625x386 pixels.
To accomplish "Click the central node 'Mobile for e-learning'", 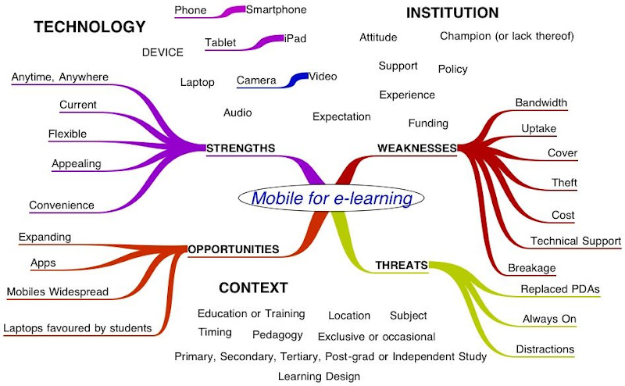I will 331,198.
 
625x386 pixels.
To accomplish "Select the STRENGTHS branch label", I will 241,148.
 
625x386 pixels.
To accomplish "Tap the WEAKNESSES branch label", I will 416,148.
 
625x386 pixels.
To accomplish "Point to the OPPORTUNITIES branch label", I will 234,249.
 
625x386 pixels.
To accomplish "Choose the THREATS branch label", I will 401,265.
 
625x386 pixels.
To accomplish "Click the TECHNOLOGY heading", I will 90,27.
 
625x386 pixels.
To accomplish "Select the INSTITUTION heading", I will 452,13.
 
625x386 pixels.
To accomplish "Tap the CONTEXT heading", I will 253,288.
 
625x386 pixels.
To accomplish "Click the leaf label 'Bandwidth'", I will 541,102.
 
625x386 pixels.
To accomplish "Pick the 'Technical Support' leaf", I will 576,241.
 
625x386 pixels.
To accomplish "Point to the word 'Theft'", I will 563,183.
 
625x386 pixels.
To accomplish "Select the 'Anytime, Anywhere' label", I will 60,77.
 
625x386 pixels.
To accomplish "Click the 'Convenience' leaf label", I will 62,206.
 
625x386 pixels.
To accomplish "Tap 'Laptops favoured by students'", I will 77,328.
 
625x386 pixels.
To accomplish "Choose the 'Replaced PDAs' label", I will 560,289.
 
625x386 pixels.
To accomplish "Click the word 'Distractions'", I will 545,349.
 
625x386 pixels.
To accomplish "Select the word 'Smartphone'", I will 276,10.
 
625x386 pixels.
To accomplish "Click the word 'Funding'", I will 428,123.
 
